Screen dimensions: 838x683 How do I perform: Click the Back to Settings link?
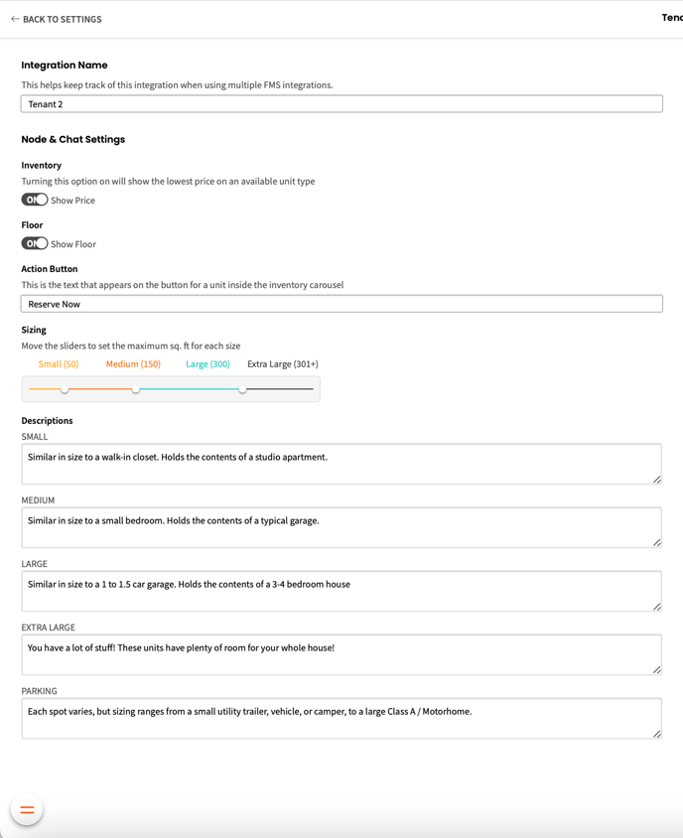point(57,19)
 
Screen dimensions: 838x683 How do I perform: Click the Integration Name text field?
point(341,104)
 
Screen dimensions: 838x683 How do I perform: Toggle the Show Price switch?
point(35,200)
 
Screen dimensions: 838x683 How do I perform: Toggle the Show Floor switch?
point(35,243)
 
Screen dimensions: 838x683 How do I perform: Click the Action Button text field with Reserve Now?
point(341,304)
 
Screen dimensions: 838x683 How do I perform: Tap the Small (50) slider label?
point(59,364)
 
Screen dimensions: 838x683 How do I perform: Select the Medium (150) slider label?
point(133,364)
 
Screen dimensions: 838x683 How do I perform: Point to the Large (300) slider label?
point(207,364)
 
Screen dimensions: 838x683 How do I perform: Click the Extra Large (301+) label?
point(283,364)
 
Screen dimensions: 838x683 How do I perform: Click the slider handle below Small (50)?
point(65,389)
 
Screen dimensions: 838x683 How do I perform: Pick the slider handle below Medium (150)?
point(136,389)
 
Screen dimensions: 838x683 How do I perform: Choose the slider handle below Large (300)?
point(242,389)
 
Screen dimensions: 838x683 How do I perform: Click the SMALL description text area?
point(341,464)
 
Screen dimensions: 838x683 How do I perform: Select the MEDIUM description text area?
point(341,527)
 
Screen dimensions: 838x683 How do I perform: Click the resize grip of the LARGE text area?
point(657,606)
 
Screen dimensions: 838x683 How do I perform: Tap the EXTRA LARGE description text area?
point(341,654)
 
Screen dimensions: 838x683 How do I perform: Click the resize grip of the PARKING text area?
point(657,734)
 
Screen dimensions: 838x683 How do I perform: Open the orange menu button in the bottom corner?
point(27,810)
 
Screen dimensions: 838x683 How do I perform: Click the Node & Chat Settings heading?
point(73,140)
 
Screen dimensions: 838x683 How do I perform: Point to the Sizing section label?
point(34,330)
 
